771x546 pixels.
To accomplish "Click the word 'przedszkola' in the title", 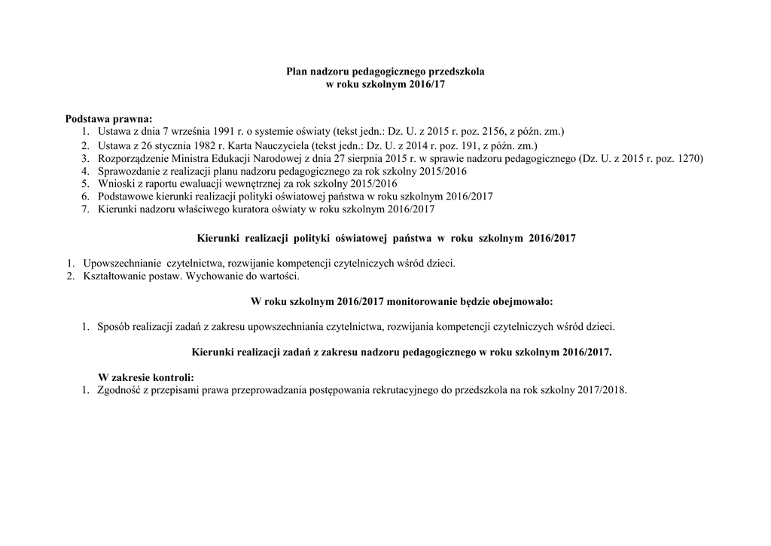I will pyautogui.click(x=457, y=72).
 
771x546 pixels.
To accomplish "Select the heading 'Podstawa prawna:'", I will pyautogui.click(x=108, y=119).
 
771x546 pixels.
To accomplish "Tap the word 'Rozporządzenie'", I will pyautogui.click(x=133, y=158).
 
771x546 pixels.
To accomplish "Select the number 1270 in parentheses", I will pyautogui.click(x=687, y=158).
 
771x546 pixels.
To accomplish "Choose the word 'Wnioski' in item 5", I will pyautogui.click(x=115, y=184).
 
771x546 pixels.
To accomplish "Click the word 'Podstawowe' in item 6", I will pyautogui.click(x=126, y=197).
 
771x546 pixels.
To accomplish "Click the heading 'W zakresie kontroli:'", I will pyautogui.click(x=146, y=377).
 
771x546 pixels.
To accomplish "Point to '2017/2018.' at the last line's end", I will pyautogui.click(x=600, y=391).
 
